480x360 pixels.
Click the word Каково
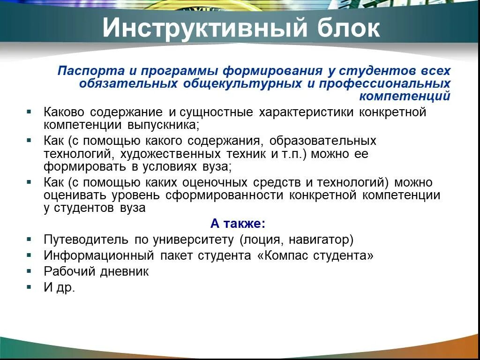65,112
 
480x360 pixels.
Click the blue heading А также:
238,224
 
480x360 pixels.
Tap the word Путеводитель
86,240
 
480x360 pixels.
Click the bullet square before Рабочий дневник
29,271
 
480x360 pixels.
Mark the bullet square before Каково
29,112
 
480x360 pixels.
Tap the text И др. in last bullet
60,287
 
